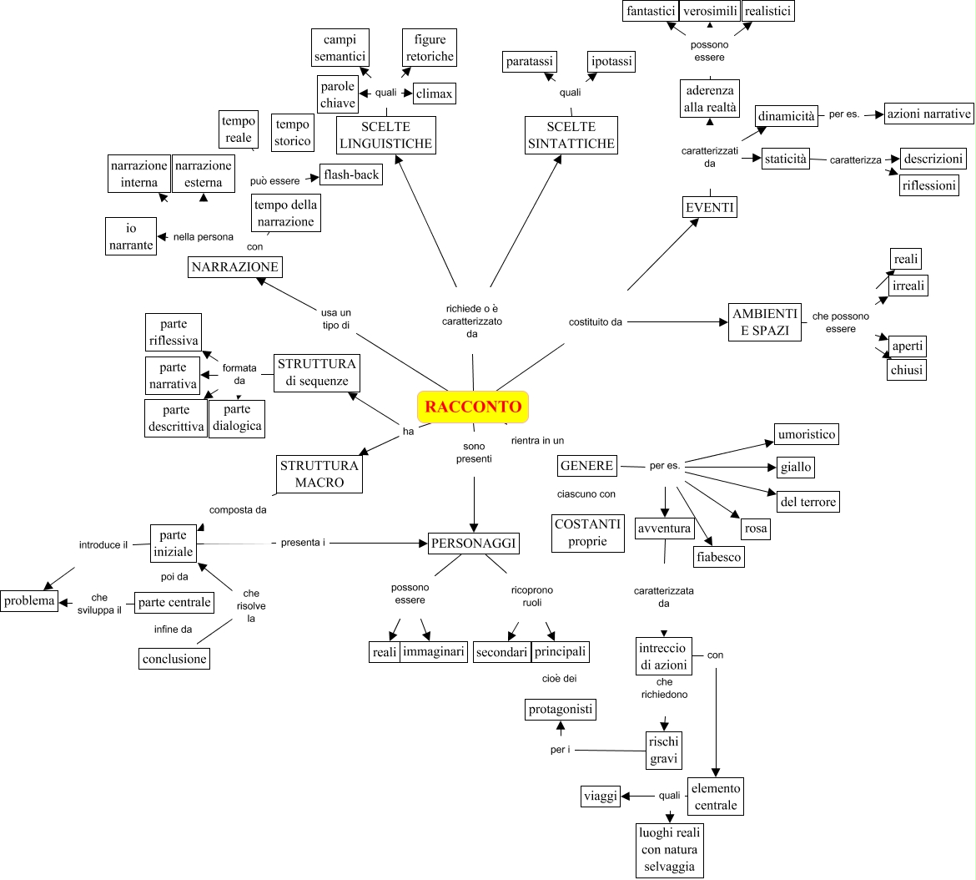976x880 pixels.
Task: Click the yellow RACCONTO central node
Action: [x=473, y=407]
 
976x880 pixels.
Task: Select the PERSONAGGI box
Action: [x=474, y=544]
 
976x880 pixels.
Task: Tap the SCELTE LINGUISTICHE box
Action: [x=385, y=135]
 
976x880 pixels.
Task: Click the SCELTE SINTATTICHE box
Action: [x=571, y=135]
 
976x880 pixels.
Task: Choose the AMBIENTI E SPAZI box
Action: [x=765, y=322]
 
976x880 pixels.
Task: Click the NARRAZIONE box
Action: [x=235, y=267]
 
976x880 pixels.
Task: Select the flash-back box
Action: [x=351, y=175]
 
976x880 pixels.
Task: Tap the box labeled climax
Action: [x=435, y=94]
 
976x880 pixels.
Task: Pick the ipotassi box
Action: [x=611, y=62]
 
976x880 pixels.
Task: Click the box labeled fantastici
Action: [x=651, y=11]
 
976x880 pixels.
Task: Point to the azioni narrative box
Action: [x=929, y=114]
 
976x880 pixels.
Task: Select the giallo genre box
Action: [x=796, y=467]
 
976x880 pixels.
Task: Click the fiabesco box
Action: [x=718, y=557]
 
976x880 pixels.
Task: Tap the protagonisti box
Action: [x=561, y=710]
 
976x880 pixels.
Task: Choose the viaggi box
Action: [x=601, y=796]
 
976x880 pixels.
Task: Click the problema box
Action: [x=28, y=600]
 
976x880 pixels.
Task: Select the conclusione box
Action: [x=174, y=659]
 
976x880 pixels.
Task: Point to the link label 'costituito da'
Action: [x=596, y=321]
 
